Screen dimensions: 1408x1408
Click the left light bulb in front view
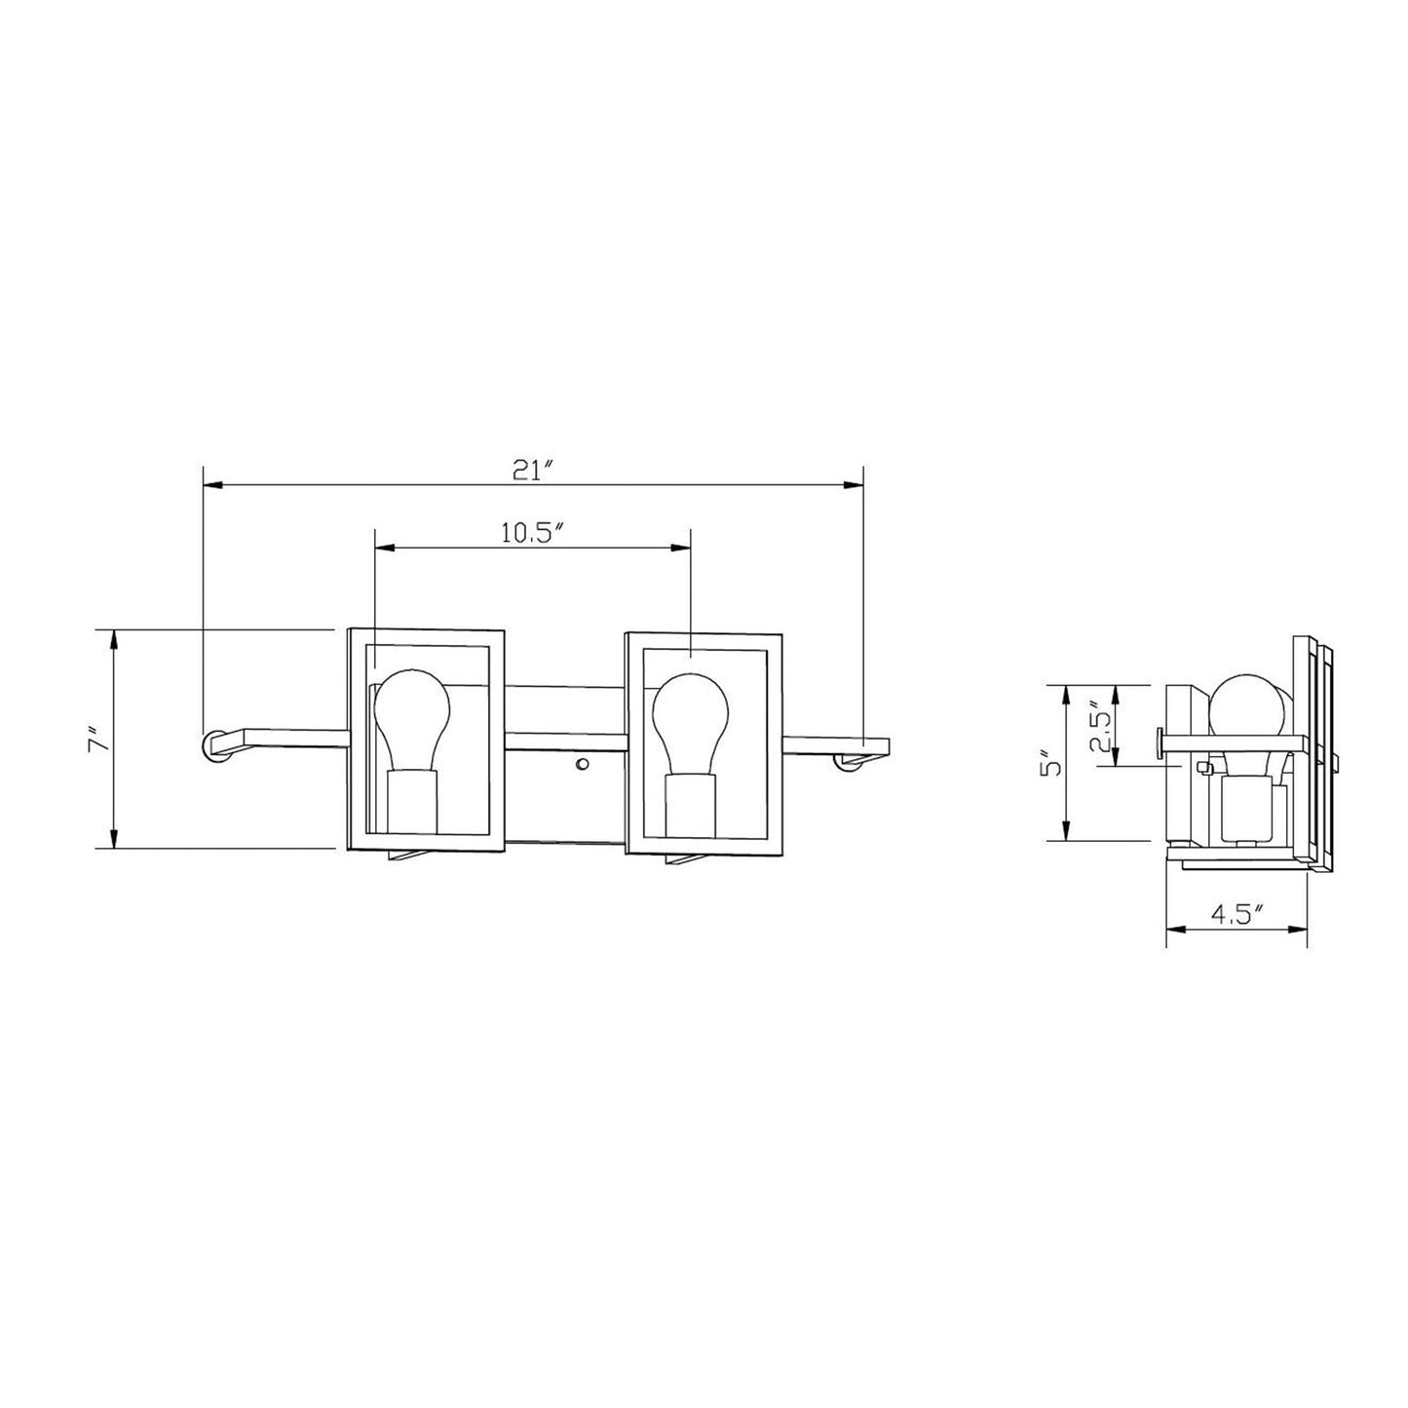(x=411, y=720)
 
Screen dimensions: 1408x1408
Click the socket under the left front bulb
(x=412, y=802)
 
